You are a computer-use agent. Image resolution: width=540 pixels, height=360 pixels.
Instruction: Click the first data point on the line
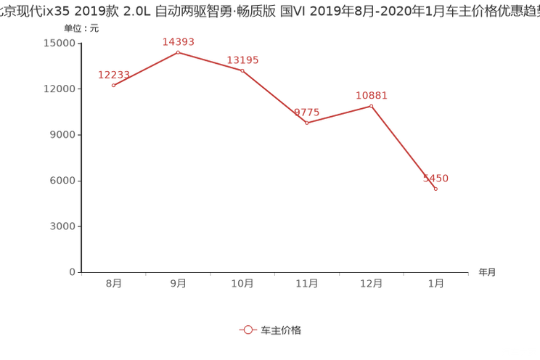pos(113,85)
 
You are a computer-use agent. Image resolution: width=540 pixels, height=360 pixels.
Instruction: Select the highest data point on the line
pos(178,52)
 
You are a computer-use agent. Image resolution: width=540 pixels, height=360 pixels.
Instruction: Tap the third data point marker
pos(242,70)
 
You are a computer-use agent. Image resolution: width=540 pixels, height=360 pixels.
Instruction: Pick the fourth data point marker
pos(307,123)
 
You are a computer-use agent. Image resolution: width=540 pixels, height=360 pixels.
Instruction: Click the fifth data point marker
pos(371,106)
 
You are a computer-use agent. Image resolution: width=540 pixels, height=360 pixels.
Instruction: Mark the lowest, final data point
pos(435,189)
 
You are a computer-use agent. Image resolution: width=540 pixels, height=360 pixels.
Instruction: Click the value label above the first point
pos(113,74)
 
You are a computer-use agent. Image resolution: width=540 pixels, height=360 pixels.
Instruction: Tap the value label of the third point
pos(242,60)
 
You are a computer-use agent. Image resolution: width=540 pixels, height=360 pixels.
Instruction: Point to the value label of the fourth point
pos(307,112)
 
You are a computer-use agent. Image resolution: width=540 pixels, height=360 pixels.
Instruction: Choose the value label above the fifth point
pos(372,95)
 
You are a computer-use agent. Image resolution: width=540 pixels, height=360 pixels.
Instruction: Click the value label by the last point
pos(437,178)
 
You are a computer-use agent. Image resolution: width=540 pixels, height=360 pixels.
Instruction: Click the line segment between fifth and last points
pos(404,148)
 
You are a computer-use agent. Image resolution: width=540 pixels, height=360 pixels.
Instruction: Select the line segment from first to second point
pos(145,68)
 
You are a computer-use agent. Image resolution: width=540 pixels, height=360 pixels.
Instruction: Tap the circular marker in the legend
pos(248,330)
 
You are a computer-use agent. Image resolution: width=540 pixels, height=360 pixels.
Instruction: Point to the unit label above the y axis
pos(75,29)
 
